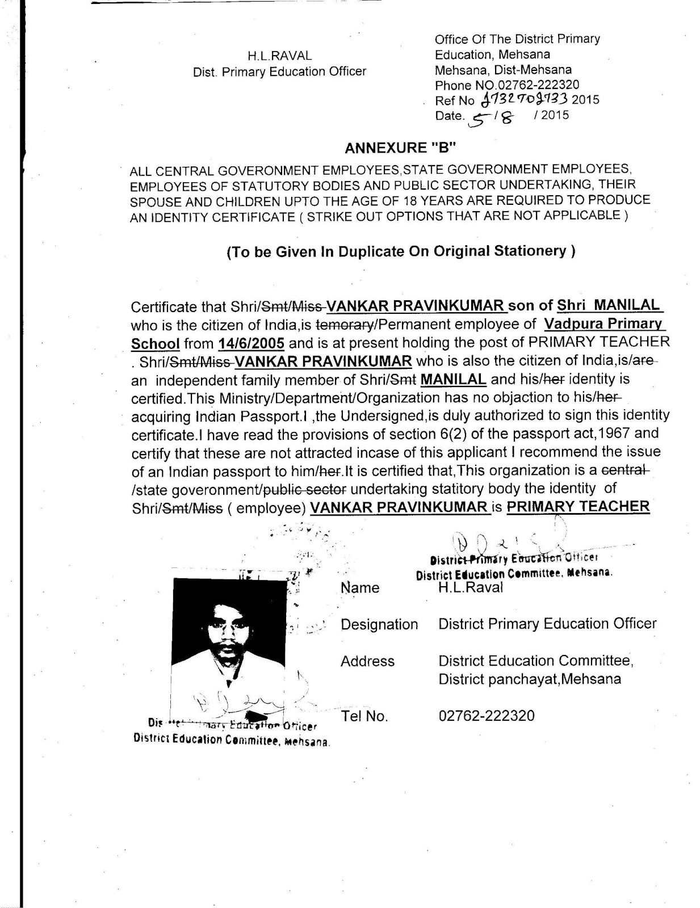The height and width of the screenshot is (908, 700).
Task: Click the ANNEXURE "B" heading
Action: [x=401, y=148]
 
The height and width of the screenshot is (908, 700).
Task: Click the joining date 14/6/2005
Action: [x=251, y=343]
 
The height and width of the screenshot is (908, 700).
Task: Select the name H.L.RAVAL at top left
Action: [x=279, y=56]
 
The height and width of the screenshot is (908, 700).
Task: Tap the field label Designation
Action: [x=379, y=624]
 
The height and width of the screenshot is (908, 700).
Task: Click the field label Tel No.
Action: [x=364, y=716]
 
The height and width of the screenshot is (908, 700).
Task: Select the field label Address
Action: [x=367, y=661]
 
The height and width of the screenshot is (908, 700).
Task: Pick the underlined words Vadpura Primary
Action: [x=604, y=324]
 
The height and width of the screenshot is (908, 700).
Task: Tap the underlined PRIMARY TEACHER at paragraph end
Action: [x=578, y=507]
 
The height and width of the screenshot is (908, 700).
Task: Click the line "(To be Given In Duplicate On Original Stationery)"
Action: [x=401, y=251]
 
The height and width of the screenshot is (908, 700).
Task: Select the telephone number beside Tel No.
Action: [x=487, y=715]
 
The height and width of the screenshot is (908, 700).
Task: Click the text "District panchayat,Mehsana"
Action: [x=530, y=679]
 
